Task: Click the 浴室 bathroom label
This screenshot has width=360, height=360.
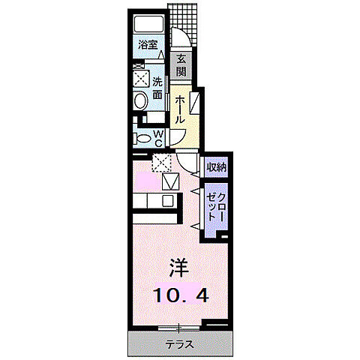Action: point(147,45)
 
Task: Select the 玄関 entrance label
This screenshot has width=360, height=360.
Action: point(181,66)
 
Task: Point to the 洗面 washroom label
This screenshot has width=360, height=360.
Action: point(157,88)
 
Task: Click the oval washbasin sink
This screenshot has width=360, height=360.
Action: point(139,102)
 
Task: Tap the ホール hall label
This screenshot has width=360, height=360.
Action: point(180,109)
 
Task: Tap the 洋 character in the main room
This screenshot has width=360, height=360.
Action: point(177,268)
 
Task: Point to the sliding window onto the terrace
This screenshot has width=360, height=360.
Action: point(180,327)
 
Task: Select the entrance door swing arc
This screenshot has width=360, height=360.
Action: point(179,39)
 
